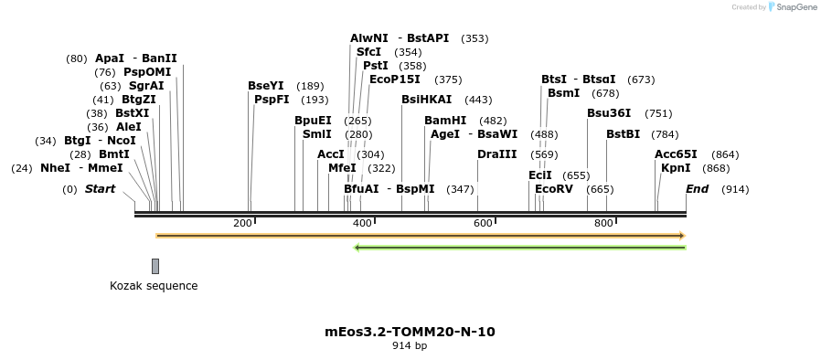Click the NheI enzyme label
(x=55, y=168)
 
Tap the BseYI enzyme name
(x=266, y=86)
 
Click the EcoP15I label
(x=395, y=79)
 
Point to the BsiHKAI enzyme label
(x=427, y=100)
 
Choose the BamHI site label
(x=445, y=121)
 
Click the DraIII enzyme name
(x=497, y=154)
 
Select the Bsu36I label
(x=609, y=113)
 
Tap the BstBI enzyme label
(x=624, y=134)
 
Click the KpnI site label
(x=676, y=168)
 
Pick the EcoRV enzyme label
(x=554, y=189)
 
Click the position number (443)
(x=478, y=100)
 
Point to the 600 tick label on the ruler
(x=483, y=223)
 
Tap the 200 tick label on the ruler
(x=242, y=223)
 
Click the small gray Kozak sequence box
(x=155, y=266)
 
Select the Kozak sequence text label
(x=154, y=286)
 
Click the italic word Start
(x=101, y=189)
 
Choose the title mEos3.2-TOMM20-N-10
(x=410, y=331)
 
